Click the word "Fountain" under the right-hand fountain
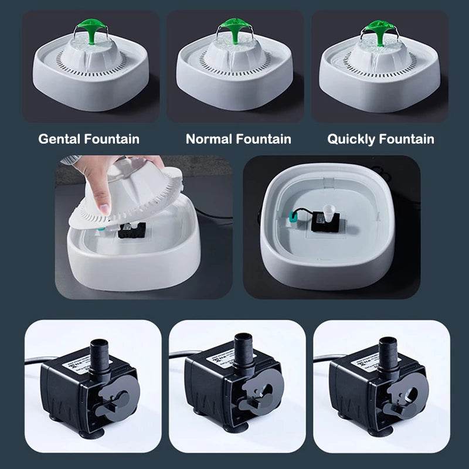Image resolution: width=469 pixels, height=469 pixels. click(406, 139)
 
